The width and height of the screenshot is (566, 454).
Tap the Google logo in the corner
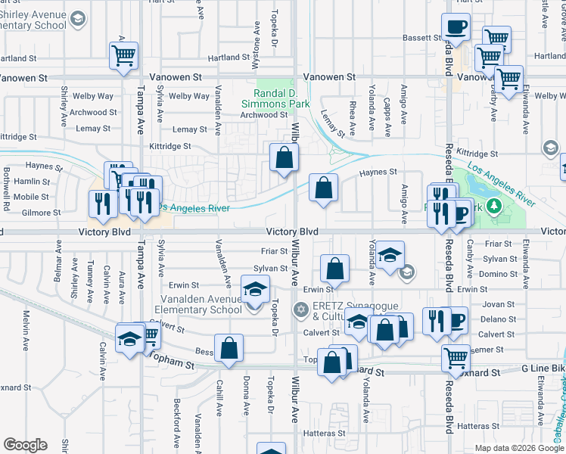25,445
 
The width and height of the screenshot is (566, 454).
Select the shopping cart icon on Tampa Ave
123,55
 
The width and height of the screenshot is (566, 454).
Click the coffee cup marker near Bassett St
456,27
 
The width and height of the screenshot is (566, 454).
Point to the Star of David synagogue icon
301,309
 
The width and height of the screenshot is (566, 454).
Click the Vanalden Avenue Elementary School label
199,304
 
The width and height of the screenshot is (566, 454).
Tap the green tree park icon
494,206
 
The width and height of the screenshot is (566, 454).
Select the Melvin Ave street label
27,325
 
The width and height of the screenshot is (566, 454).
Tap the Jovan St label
497,304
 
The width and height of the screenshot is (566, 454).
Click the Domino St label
497,274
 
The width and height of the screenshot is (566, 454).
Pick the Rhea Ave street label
353,115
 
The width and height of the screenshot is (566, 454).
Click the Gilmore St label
42,213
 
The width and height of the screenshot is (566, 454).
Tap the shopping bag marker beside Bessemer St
229,348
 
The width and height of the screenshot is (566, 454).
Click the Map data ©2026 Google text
518,448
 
